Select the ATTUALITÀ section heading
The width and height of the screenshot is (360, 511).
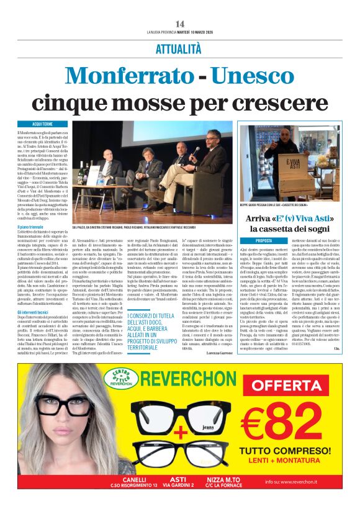click(179, 48)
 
